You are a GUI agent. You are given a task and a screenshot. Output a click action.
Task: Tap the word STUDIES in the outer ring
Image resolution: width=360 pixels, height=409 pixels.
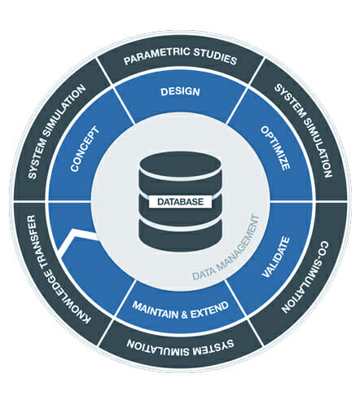215,56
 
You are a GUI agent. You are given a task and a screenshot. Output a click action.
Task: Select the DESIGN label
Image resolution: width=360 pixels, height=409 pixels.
180,92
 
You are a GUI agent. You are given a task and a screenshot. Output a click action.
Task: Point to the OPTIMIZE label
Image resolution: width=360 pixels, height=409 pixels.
275,148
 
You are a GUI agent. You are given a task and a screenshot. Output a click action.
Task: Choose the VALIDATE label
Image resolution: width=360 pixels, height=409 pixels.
275,257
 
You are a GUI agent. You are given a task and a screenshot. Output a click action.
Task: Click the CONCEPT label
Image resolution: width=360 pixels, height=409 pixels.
85,148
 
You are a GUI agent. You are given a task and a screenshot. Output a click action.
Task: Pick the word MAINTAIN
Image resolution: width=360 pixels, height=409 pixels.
156,310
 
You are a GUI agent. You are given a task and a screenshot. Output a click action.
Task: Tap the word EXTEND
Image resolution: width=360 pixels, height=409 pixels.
209,310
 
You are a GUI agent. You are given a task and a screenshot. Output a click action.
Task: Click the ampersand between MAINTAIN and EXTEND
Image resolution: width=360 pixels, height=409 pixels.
184,314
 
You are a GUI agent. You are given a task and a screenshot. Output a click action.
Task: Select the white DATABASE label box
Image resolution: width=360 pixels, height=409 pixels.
180,202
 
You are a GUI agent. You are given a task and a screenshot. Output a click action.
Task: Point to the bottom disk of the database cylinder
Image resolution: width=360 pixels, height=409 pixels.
180,234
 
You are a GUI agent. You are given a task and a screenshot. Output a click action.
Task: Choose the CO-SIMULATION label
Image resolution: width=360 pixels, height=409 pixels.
305,276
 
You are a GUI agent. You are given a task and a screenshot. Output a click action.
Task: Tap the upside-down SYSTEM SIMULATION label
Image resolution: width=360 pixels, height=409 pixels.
180,347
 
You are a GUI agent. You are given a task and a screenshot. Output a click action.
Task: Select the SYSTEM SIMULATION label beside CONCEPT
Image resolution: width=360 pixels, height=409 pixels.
57,132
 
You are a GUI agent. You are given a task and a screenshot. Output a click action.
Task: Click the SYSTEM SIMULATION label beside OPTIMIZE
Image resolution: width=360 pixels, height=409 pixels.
303,130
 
